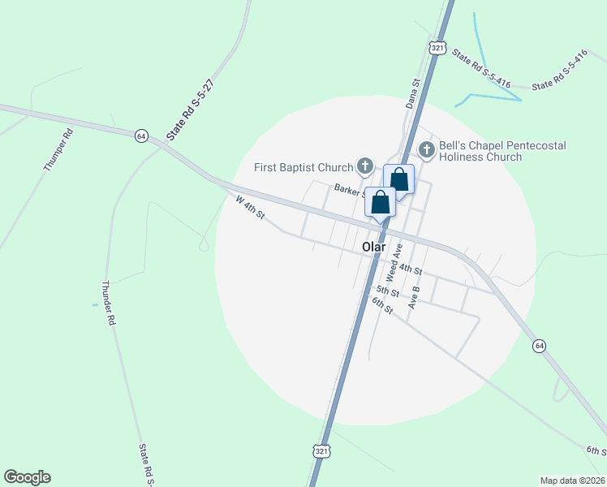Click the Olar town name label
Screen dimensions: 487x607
pos(373,247)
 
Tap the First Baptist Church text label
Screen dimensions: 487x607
pos(303,168)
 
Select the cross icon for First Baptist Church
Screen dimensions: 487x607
pos(365,167)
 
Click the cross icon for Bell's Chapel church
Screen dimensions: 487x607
pos(426,149)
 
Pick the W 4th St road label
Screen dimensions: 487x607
pos(250,207)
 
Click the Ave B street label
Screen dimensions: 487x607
pos(415,297)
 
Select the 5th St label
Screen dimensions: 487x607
pos(387,291)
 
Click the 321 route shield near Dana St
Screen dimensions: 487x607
pos(438,49)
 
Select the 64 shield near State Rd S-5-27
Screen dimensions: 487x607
pos(141,136)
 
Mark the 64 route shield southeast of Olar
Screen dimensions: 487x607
pos(538,347)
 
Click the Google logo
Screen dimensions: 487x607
pos(27,477)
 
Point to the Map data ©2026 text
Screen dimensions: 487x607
pos(572,481)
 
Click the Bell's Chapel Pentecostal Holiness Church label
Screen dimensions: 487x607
pos(502,151)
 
